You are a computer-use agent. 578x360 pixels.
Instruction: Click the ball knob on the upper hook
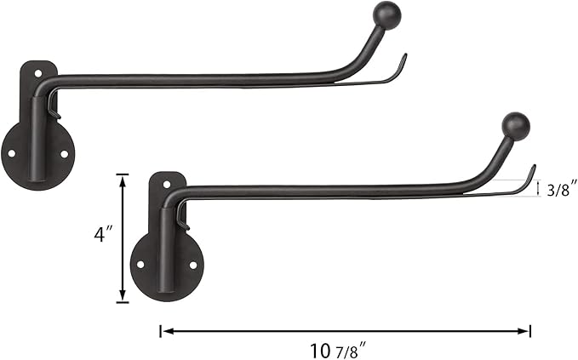[388, 14]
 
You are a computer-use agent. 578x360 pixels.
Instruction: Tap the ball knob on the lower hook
[516, 126]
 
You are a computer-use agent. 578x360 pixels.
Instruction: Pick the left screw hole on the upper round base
[12, 154]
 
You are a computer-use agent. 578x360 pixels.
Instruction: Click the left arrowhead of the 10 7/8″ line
[163, 330]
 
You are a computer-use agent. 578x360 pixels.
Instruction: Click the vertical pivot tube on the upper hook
[37, 136]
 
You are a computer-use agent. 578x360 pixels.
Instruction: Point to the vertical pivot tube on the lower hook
[166, 247]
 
